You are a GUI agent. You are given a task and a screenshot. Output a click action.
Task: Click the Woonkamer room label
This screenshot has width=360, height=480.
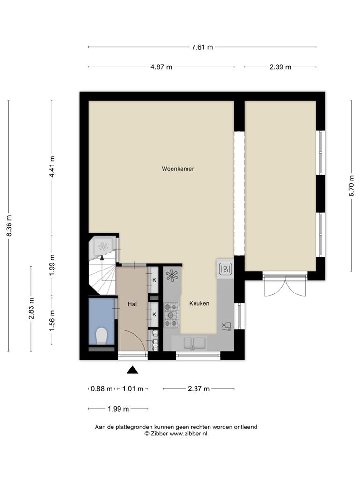[x=178, y=169]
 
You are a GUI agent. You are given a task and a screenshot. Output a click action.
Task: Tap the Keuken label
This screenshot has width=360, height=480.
[x=199, y=303]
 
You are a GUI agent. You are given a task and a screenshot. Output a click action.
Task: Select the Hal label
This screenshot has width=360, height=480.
[x=132, y=304]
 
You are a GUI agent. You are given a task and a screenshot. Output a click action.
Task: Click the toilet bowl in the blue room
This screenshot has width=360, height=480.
[x=102, y=336]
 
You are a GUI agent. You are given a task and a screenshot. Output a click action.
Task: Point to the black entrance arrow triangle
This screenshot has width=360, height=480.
[x=133, y=370]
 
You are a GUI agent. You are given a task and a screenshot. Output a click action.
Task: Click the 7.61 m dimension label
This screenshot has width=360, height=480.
[x=202, y=47]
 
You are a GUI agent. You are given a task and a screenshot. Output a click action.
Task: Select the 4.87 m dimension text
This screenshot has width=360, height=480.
[x=161, y=67]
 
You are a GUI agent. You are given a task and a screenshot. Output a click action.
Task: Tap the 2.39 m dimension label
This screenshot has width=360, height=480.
[x=280, y=67]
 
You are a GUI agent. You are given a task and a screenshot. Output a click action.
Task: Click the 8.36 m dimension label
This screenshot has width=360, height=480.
[x=9, y=225]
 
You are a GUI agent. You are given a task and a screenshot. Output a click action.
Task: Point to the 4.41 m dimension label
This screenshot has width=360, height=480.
[x=52, y=166]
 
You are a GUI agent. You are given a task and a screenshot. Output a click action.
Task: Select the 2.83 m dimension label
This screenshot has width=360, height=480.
[x=31, y=308]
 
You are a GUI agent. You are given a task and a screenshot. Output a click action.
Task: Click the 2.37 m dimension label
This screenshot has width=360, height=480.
[x=199, y=389]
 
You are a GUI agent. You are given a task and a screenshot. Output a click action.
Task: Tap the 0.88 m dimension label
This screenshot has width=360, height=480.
[x=102, y=389]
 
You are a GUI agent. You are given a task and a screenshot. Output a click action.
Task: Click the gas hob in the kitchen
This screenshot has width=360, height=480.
[x=172, y=315]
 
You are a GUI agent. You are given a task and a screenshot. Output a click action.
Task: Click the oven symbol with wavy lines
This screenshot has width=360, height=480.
[x=226, y=269]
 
